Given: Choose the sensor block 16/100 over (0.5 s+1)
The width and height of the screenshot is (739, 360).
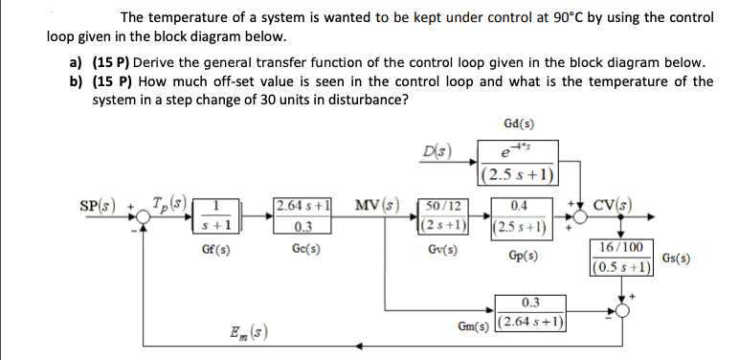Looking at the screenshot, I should (x=623, y=259).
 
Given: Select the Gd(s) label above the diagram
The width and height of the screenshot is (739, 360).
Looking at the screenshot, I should (x=518, y=124).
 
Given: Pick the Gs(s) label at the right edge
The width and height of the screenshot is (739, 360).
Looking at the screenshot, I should (x=679, y=259).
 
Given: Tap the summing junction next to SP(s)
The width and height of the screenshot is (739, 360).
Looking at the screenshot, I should (x=144, y=219).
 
